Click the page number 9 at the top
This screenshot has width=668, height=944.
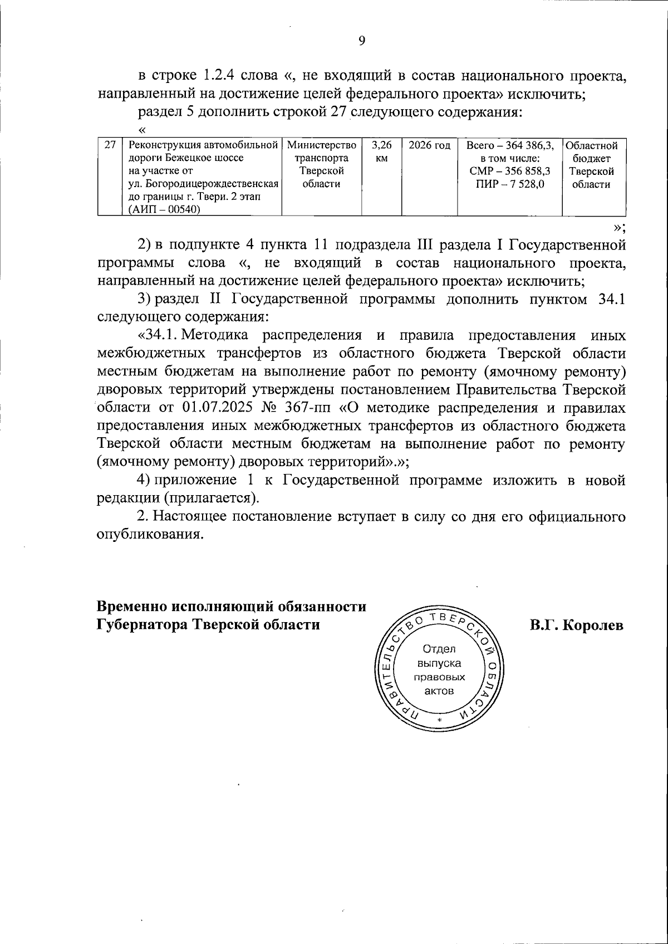362,41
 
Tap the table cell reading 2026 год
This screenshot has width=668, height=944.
429,146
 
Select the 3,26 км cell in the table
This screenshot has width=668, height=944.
381,151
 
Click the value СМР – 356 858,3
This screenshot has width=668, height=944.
510,172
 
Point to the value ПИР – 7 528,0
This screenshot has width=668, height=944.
510,184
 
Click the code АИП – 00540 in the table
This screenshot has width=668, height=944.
164,209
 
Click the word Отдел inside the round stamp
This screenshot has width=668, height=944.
439,649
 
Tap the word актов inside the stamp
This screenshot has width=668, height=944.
439,691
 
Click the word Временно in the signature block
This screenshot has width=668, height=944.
131,606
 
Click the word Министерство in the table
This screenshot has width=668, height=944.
321,146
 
